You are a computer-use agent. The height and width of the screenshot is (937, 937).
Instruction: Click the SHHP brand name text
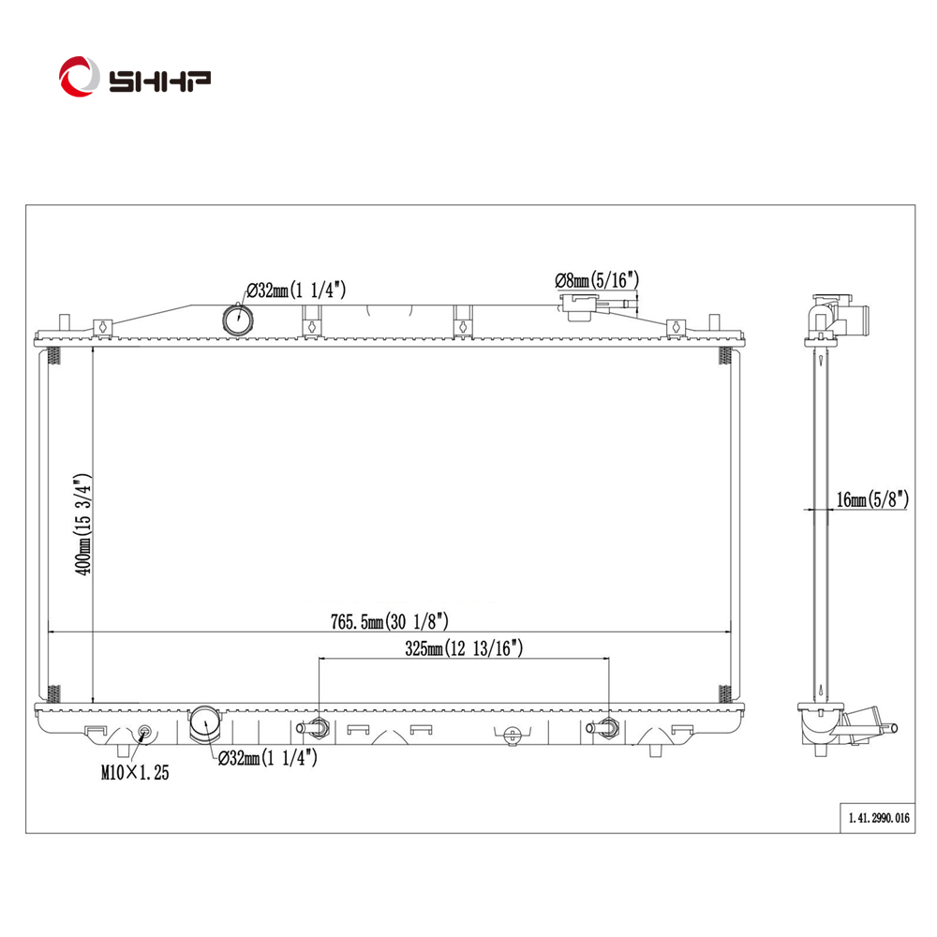click(159, 82)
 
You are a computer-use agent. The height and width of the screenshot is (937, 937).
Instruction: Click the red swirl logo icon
click(79, 77)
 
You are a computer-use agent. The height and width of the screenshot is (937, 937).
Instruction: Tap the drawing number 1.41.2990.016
click(879, 817)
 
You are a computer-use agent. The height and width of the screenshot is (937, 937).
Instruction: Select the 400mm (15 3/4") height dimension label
click(82, 525)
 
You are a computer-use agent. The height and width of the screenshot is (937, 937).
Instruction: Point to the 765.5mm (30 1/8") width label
click(390, 621)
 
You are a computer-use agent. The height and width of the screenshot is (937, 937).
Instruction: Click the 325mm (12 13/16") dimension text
click(464, 648)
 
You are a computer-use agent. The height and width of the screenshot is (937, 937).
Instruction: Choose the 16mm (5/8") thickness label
click(872, 499)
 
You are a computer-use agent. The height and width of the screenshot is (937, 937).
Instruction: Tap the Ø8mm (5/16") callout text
click(597, 279)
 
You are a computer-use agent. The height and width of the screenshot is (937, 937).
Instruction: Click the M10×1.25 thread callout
click(135, 773)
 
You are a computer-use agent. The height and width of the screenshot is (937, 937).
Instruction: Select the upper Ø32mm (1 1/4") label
click(296, 290)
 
